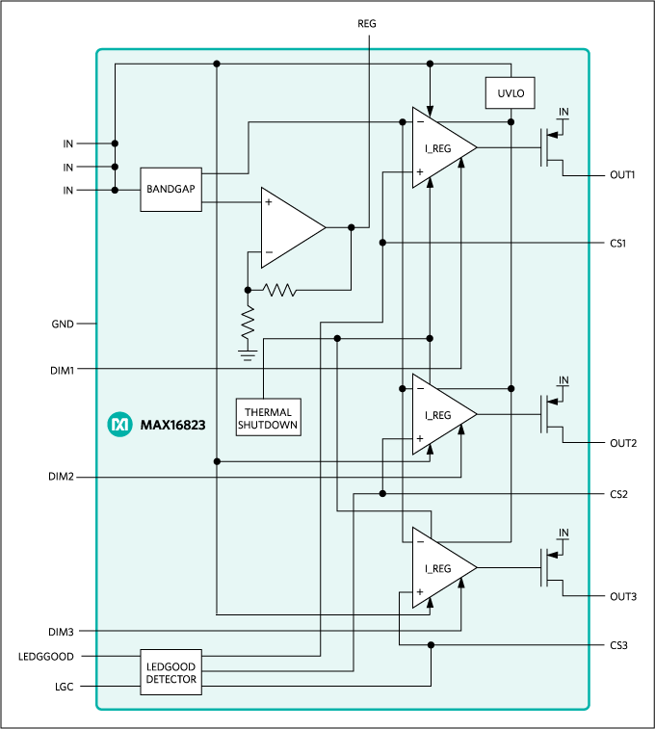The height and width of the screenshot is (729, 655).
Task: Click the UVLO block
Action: click(x=510, y=93)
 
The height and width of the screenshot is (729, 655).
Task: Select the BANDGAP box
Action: click(x=171, y=190)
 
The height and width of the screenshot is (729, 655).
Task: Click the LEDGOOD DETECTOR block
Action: click(x=171, y=672)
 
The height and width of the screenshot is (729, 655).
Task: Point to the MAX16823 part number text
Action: click(x=172, y=424)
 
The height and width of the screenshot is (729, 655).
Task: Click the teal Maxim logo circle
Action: click(x=119, y=424)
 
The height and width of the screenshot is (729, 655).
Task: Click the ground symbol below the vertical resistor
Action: click(x=248, y=355)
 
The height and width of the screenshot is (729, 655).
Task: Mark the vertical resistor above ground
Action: click(x=248, y=321)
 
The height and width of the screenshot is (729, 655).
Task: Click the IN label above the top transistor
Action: click(x=563, y=113)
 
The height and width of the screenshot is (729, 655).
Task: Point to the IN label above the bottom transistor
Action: click(x=563, y=534)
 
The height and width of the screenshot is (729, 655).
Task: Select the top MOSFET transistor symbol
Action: click(x=551, y=148)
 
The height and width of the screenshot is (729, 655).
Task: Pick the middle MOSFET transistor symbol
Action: click(x=551, y=414)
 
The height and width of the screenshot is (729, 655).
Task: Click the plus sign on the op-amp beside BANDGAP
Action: click(x=269, y=202)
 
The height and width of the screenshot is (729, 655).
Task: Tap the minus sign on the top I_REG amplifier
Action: click(x=419, y=122)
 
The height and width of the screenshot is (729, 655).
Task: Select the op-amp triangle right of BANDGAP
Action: click(x=290, y=227)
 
